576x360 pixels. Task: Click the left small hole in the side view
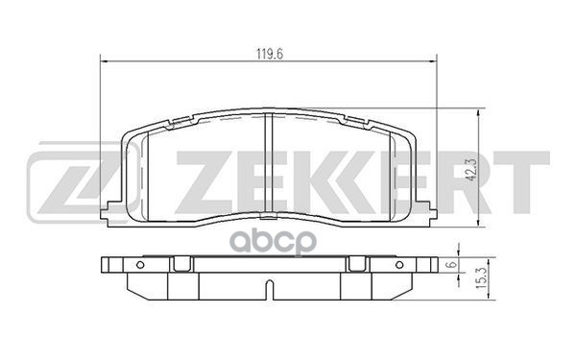(x=140, y=265)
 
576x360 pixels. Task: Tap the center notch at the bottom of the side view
(x=269, y=285)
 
